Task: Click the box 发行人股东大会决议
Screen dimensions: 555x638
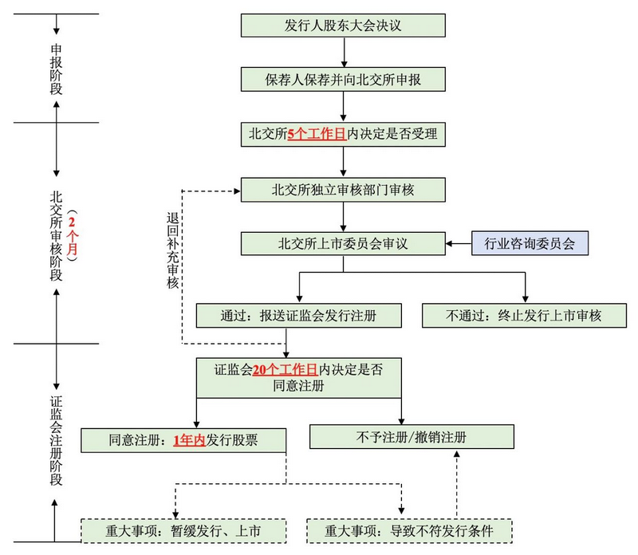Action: [x=342, y=26]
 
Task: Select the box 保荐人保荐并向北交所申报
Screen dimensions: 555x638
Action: [x=342, y=80]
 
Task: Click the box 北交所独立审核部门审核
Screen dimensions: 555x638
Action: [x=342, y=190]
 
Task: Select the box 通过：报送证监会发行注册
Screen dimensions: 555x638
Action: [x=298, y=316]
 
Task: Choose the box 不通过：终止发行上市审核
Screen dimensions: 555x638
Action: [x=524, y=316]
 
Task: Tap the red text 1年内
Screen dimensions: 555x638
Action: [x=190, y=439]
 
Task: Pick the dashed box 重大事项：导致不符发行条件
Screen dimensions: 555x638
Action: [x=408, y=530]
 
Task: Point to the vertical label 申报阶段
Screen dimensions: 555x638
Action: [x=56, y=69]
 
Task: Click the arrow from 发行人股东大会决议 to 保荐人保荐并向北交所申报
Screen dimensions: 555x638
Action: [x=342, y=53]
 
